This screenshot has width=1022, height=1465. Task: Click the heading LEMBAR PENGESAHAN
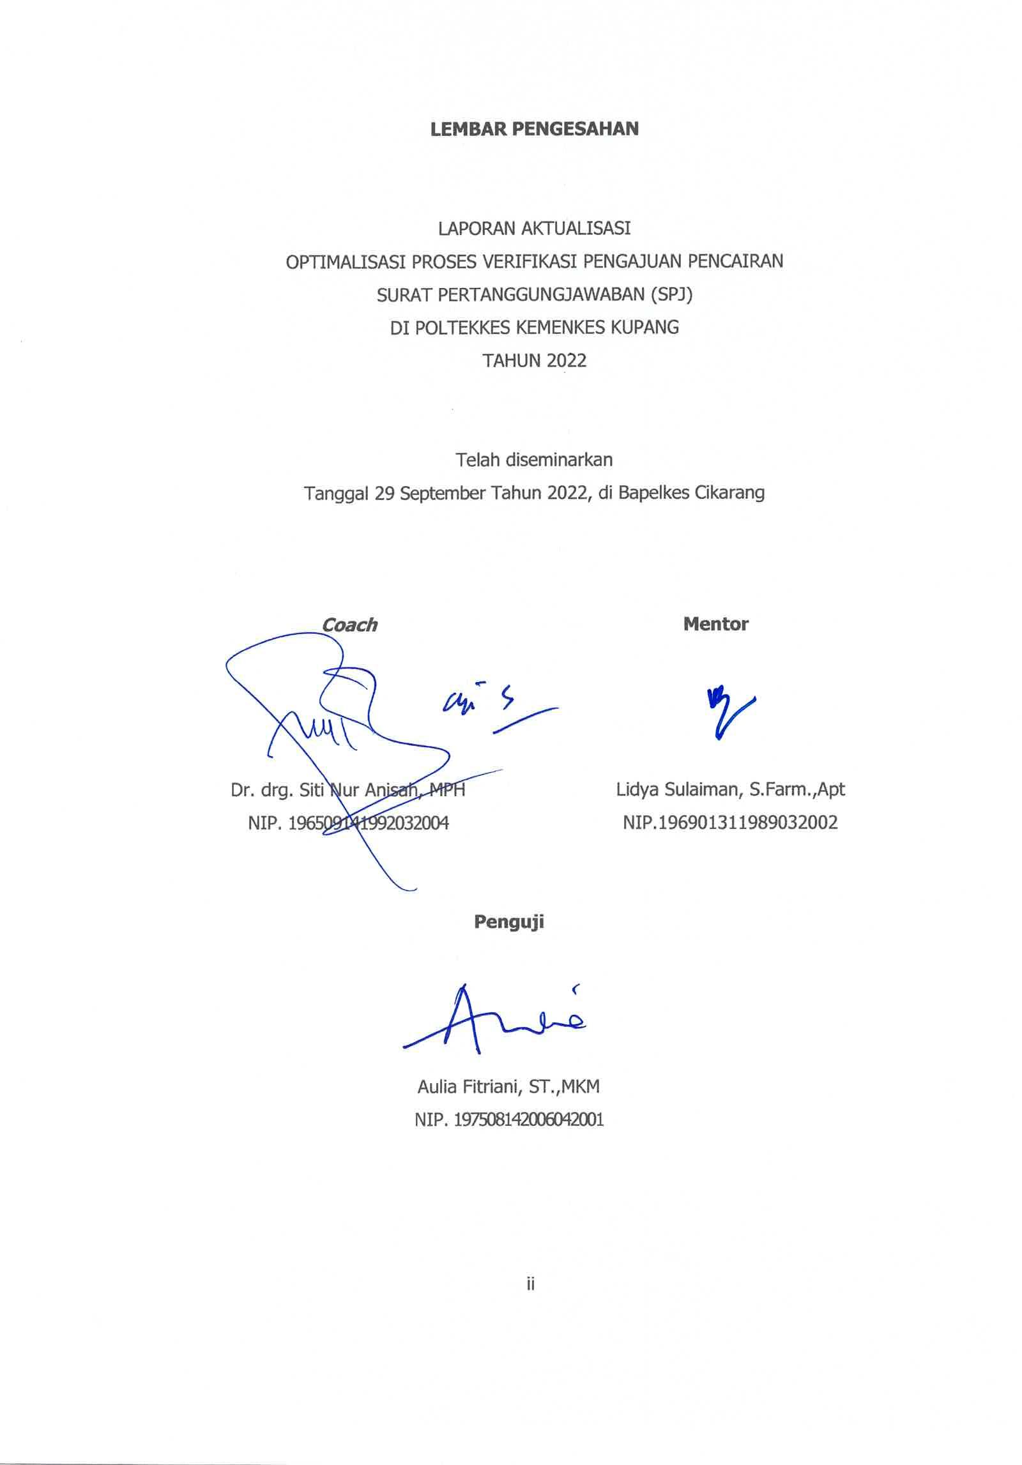tap(534, 129)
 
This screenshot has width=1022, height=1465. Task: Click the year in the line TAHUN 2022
tap(566, 361)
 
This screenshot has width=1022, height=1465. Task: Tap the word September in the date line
tap(442, 493)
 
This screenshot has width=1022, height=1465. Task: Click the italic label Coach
tap(349, 625)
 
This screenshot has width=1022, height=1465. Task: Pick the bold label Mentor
tap(715, 624)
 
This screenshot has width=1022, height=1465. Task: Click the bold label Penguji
tap(508, 922)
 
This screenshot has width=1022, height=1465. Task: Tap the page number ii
tap(530, 1284)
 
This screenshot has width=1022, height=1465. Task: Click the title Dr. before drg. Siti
tap(243, 791)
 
